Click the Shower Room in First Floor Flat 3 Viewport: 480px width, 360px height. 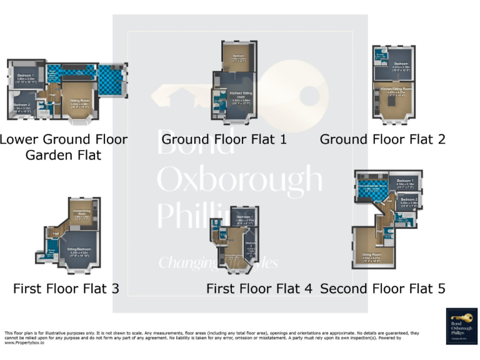51,252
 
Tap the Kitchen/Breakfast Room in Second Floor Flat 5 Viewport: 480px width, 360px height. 371,186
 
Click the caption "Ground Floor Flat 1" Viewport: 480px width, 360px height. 224,139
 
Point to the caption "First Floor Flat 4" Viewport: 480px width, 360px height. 259,289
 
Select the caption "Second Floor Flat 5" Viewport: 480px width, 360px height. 382,289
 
